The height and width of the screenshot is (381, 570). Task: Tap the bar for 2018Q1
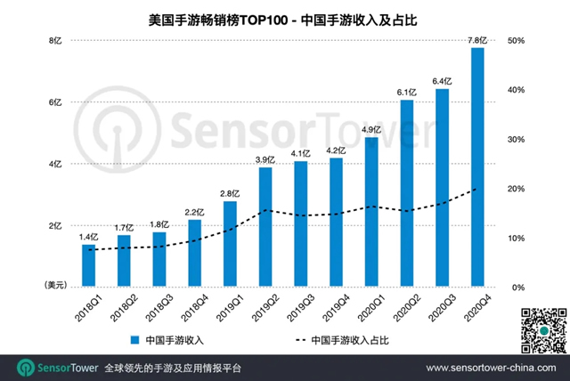tap(88, 265)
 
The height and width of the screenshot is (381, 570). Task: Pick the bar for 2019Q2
tap(265, 227)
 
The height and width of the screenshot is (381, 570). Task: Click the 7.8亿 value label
tap(477, 39)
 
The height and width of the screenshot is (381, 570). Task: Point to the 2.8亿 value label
tap(230, 192)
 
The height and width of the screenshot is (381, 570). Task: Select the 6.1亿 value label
tap(407, 92)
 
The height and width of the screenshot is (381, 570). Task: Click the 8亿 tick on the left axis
tap(54, 41)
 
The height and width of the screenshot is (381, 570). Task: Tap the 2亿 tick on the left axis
tap(54, 226)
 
